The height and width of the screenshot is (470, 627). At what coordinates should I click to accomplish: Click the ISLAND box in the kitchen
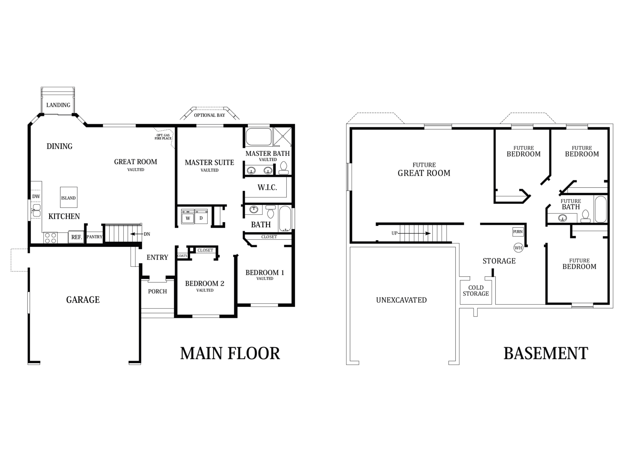[69, 197]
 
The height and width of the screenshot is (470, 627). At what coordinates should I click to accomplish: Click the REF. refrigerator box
[76, 237]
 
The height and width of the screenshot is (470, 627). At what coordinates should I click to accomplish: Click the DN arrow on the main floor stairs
[136, 234]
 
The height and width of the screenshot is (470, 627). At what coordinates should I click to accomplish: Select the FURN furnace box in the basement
[518, 232]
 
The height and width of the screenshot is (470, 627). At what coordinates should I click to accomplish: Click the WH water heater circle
[518, 248]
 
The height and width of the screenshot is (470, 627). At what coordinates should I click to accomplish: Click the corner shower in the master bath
[283, 137]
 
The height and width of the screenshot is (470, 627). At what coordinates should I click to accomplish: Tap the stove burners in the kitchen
[50, 238]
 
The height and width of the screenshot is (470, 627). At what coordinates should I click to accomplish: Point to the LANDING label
[58, 105]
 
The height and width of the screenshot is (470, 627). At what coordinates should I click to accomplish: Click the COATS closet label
[182, 256]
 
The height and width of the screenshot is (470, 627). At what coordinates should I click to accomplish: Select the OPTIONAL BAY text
[209, 115]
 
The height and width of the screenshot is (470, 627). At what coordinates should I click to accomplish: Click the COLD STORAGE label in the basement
[476, 291]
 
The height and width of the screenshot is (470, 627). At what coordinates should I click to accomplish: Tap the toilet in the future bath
[585, 216]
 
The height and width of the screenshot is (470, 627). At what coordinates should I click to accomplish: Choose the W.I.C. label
[267, 187]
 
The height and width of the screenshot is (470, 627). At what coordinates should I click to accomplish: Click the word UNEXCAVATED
[401, 300]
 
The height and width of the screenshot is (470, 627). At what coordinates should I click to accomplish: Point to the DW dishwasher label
[36, 196]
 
